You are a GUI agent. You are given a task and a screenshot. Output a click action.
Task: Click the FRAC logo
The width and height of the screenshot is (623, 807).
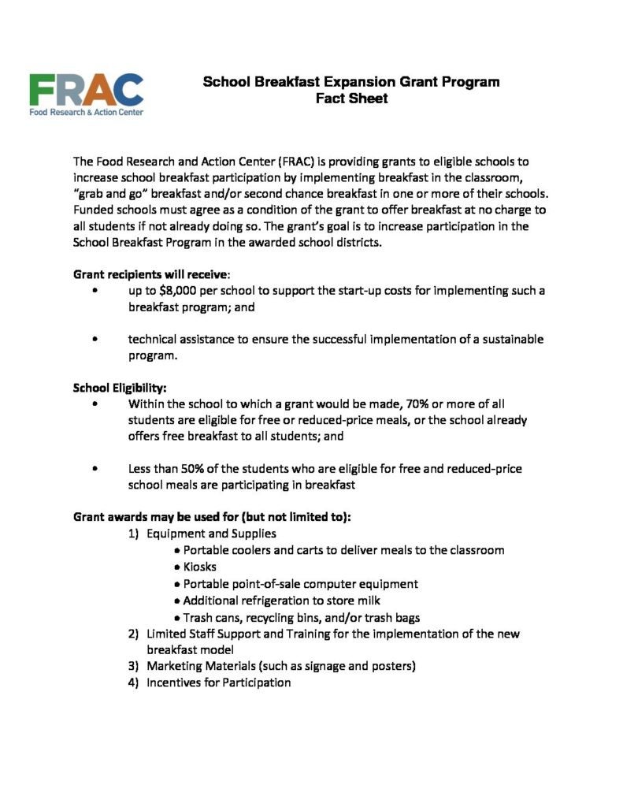[87, 89]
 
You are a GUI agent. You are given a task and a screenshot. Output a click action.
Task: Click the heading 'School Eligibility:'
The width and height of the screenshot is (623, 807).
[120, 388]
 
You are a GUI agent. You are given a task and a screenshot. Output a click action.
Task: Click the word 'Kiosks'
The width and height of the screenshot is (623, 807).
[199, 567]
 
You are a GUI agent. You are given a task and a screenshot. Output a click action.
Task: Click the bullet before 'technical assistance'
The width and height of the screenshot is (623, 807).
[95, 340]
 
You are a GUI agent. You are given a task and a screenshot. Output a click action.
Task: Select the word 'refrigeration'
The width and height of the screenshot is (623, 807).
[278, 601]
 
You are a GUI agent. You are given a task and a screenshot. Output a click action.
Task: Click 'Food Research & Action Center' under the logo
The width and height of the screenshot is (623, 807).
[87, 112]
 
